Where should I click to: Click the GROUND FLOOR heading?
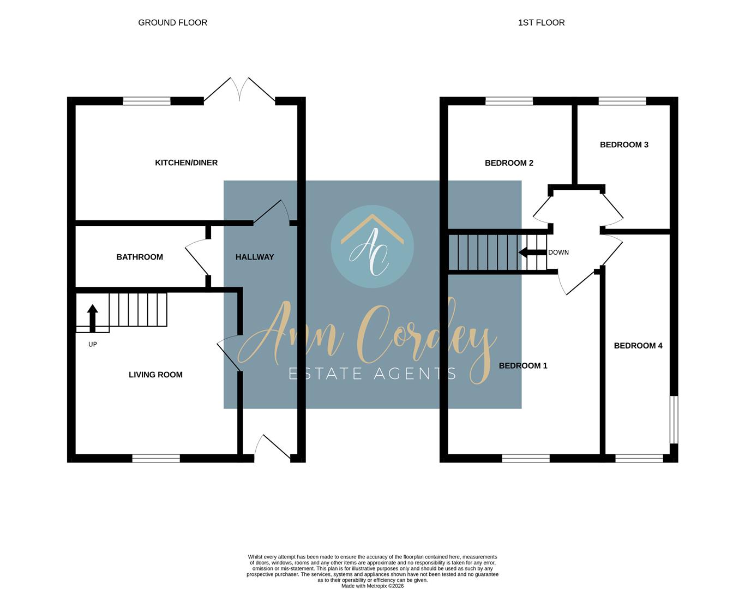[172, 22]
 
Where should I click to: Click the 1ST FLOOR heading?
[541, 22]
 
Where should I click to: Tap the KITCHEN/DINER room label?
[186, 163]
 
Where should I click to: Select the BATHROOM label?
[140, 257]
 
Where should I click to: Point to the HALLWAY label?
[255, 257]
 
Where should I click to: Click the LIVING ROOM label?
[155, 375]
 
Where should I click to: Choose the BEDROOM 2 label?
[509, 163]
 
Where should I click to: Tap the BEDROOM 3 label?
[624, 145]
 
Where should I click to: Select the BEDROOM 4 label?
[638, 346]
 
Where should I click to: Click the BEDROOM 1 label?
[523, 366]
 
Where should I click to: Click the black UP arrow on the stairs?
[93, 318]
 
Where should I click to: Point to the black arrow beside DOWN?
[532, 253]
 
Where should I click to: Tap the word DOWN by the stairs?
[558, 253]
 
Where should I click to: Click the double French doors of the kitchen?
[239, 91]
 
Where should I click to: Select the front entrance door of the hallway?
[274, 447]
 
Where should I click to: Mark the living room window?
[156, 458]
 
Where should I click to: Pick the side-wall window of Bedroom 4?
[674, 419]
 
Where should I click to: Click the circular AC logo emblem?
[372, 247]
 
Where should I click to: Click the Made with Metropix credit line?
[372, 586]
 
